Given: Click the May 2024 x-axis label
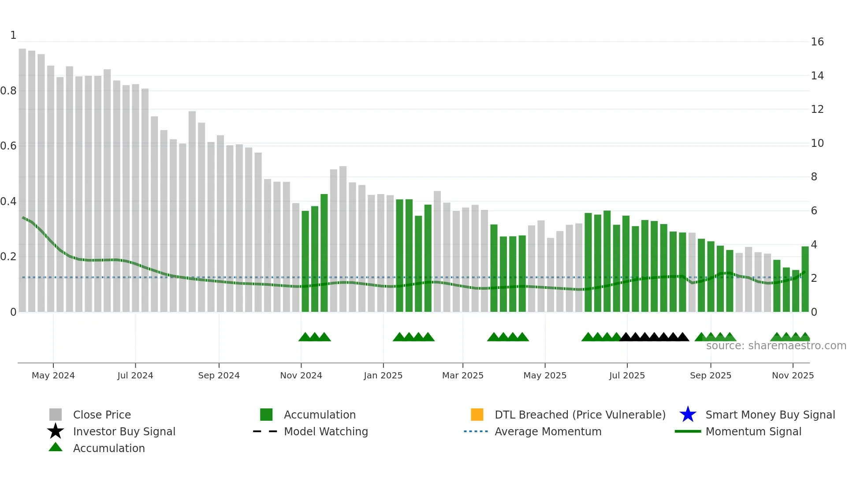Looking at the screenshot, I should pos(53,375).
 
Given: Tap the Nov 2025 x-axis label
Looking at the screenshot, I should pos(793,375).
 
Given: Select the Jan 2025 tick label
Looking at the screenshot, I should pos(383,375).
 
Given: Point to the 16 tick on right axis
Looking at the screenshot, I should pos(817,42).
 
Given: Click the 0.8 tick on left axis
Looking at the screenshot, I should pos(8,91).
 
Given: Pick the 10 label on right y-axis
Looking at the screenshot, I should pos(817,143).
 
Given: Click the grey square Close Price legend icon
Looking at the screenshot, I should pos(56,415).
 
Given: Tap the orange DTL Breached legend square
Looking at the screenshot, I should pos(477,415).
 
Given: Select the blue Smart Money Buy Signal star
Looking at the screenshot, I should pos(688,415).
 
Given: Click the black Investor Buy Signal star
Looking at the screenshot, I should pos(56,431).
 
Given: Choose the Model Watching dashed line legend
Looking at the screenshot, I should pos(265,431).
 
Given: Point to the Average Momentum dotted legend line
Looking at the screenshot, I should pos(476,431).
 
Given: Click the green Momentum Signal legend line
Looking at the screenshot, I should pos(688,431).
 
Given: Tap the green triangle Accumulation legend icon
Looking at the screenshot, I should pos(56,447).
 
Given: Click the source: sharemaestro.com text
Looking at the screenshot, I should pos(776,346).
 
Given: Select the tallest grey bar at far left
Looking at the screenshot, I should pos(22,176).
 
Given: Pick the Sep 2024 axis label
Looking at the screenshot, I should pos(219,375).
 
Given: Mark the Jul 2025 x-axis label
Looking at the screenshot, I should pos(627,375).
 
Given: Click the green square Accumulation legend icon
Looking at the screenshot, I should pos(266,415).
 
